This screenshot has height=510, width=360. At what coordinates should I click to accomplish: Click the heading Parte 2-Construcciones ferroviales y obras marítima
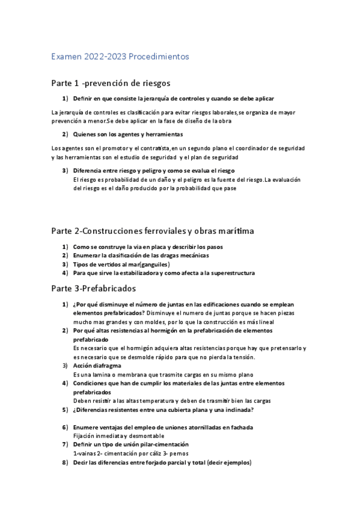point(144,230)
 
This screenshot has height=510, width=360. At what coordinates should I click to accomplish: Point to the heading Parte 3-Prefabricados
point(93,288)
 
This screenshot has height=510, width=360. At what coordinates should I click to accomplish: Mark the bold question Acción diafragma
point(97,365)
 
